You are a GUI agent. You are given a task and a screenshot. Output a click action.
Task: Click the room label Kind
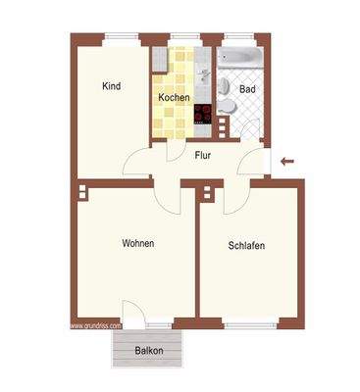click(x=111, y=86)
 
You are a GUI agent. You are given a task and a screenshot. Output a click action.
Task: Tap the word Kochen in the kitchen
click(x=174, y=99)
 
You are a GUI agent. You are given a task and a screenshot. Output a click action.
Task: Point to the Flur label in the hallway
click(x=203, y=155)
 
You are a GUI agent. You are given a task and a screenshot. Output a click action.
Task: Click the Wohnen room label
click(x=137, y=243)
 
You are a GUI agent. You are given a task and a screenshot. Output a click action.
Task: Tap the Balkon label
click(x=149, y=350)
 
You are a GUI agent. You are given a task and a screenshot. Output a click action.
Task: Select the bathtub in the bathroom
click(x=238, y=60)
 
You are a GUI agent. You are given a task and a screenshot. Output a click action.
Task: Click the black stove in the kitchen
click(x=204, y=116)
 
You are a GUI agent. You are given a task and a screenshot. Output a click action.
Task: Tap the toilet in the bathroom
click(x=226, y=106)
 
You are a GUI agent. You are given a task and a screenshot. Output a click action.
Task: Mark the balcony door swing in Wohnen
click(x=134, y=312)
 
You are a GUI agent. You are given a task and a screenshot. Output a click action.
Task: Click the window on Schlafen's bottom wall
click(x=245, y=323)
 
